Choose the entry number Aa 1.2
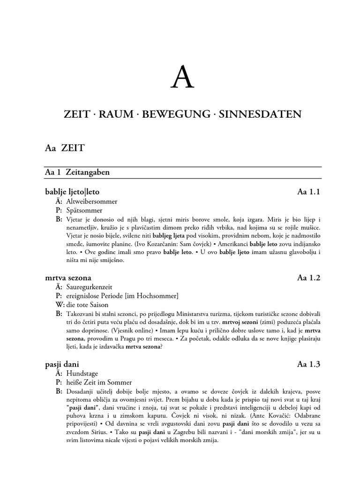[309, 277]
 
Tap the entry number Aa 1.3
[309, 364]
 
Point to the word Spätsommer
[84, 210]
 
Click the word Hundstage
[82, 373]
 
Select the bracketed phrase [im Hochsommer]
[155, 296]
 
